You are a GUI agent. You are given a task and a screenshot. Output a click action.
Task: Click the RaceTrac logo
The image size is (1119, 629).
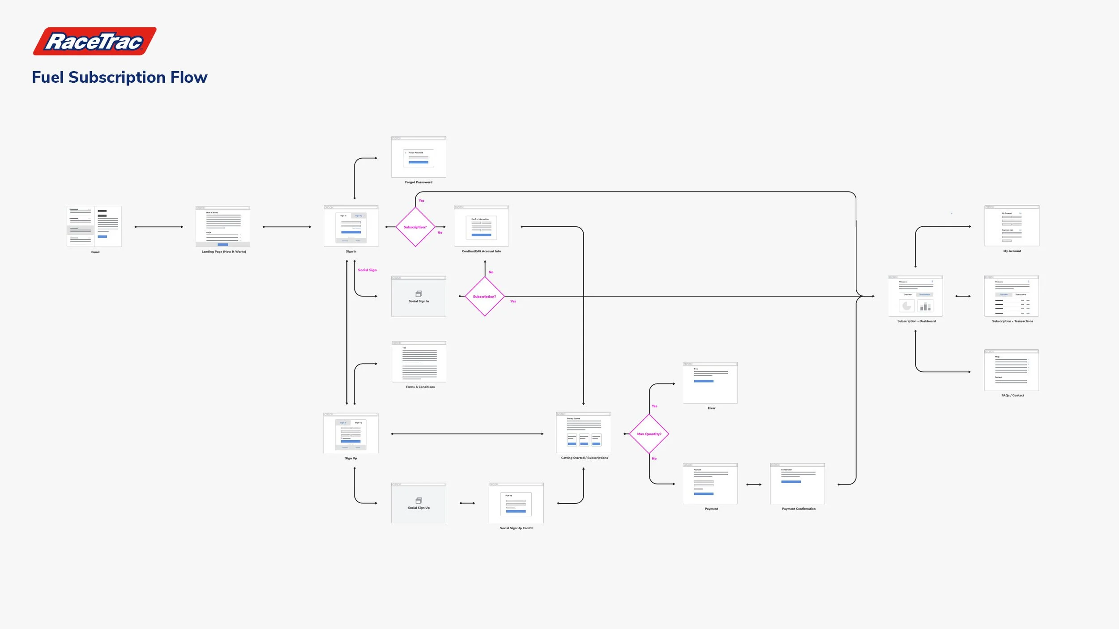tap(94, 41)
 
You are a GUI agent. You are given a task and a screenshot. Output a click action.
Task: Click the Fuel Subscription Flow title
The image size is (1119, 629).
tap(120, 77)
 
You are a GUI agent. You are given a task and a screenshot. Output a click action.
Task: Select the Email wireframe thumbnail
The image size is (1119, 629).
tap(94, 226)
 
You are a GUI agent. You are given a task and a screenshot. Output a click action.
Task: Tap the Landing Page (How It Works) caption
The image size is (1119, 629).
tap(223, 252)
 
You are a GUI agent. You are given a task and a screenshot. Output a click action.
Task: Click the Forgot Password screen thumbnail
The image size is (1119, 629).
tap(419, 157)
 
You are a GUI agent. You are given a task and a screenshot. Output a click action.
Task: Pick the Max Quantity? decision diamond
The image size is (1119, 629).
tap(649, 434)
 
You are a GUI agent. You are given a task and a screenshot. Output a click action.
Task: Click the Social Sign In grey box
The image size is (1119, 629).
tap(419, 297)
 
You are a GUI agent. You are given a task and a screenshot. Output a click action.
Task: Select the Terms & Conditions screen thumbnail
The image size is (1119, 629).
tap(419, 362)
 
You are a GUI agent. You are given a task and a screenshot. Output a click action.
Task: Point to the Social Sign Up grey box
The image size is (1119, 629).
tap(419, 503)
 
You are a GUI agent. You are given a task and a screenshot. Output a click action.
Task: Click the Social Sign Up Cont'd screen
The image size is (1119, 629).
tap(516, 503)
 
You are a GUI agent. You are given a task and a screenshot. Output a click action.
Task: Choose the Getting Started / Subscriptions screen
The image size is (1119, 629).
tap(583, 433)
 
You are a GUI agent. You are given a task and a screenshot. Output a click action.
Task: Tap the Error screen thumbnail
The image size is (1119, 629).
tap(710, 383)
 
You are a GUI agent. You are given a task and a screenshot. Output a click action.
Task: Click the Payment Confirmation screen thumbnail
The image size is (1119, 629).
tap(797, 484)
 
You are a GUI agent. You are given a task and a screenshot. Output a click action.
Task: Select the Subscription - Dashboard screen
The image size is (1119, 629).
tap(915, 296)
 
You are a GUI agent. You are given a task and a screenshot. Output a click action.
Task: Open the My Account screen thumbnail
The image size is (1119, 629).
tap(1012, 226)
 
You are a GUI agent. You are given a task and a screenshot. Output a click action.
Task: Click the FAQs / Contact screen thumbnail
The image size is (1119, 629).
tap(1011, 370)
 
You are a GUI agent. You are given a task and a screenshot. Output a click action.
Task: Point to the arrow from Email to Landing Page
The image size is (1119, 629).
tap(159, 227)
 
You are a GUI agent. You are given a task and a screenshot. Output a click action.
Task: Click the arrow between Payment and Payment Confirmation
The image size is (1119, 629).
tap(754, 484)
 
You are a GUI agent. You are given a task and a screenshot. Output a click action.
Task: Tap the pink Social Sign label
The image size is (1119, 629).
tap(367, 270)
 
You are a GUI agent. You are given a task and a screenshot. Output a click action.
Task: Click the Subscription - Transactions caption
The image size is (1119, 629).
tap(1012, 321)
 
